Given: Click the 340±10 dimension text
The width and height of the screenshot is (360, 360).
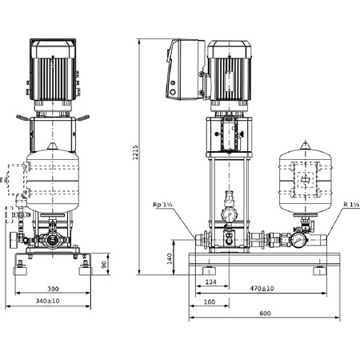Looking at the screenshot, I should click(51, 302).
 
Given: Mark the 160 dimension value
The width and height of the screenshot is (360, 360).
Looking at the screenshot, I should click(210, 302).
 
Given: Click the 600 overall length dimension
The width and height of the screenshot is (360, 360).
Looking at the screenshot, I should click(264, 314).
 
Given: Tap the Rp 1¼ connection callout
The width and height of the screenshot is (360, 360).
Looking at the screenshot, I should click(163, 206).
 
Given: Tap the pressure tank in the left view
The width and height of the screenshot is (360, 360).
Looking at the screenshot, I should click(54, 182).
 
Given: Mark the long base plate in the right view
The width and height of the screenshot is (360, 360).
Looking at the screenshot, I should click(257, 258).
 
